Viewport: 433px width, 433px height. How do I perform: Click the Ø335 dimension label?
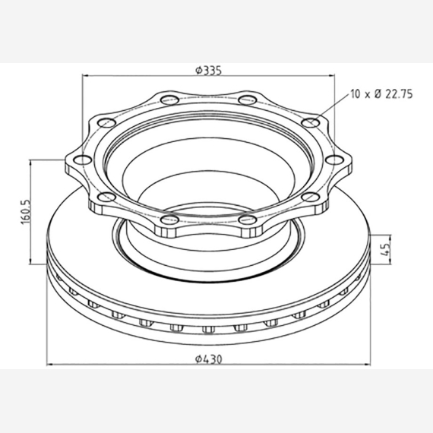click(x=208, y=71)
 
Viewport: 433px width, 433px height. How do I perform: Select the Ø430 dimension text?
click(x=208, y=359)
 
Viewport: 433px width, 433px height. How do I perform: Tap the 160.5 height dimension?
click(x=26, y=212)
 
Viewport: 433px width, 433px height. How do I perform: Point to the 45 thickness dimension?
click(x=386, y=249)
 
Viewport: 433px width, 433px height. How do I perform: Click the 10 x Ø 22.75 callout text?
click(x=381, y=94)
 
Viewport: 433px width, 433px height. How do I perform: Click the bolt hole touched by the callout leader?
click(x=311, y=122)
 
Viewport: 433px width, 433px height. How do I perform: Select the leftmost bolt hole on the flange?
click(x=83, y=160)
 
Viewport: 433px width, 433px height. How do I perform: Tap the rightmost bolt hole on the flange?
click(x=335, y=160)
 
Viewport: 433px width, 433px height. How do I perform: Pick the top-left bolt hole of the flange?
click(x=169, y=100)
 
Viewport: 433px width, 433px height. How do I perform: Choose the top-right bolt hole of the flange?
click(x=248, y=100)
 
